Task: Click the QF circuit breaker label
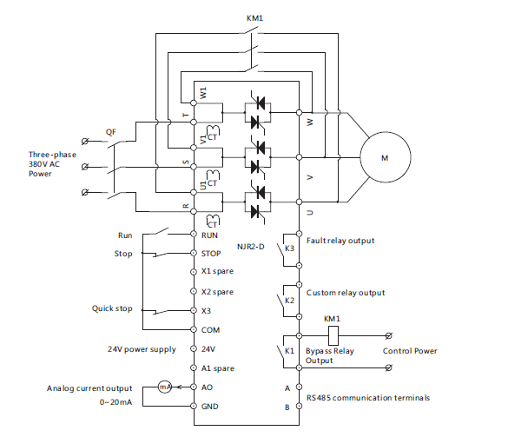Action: coord(111,132)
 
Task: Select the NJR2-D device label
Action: coord(251,247)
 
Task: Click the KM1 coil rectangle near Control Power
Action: coord(333,336)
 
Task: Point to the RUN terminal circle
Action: coord(194,234)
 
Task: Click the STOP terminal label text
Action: coord(211,254)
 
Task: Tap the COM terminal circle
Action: coord(194,329)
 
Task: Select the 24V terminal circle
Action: coord(194,348)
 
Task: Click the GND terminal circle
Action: coord(194,406)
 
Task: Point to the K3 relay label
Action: coord(289,248)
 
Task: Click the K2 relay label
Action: coord(289,301)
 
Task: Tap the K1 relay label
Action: coord(289,351)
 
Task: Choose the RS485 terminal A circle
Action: coord(299,387)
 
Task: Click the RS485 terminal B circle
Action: coord(299,406)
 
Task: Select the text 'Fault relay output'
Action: coord(340,241)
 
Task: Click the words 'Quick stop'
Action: coord(112,308)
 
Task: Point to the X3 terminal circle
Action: coord(194,310)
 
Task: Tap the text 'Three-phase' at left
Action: coord(52,155)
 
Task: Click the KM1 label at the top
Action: coord(254,18)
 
